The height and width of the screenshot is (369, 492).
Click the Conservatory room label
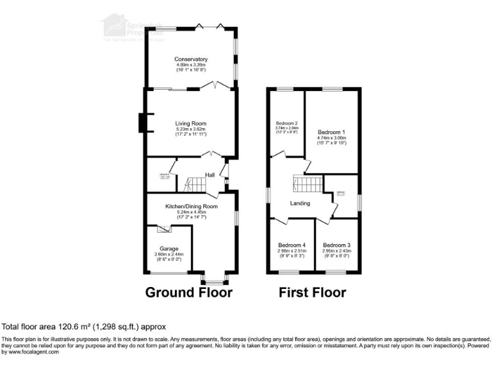click(x=192, y=60)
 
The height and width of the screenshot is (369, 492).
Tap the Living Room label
click(x=192, y=124)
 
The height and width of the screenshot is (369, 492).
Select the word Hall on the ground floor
click(x=209, y=175)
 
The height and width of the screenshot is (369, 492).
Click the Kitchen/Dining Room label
click(x=192, y=207)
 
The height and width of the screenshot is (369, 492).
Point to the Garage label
click(x=169, y=249)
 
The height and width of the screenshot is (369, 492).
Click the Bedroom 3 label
click(x=336, y=245)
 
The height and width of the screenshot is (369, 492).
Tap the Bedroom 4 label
click(x=292, y=245)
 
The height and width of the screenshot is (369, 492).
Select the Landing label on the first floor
click(x=300, y=204)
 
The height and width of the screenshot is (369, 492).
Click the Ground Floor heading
click(x=189, y=293)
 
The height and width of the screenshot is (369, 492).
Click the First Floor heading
click(x=312, y=293)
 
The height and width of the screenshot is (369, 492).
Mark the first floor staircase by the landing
click(x=306, y=185)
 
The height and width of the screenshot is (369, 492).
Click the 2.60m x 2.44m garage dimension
click(x=169, y=254)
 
